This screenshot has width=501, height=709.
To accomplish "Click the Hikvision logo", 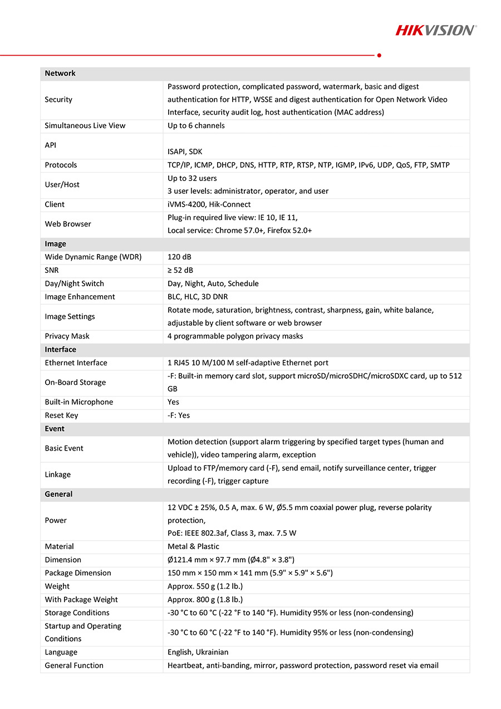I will click(x=435, y=30).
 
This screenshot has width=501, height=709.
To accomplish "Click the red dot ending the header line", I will click(x=379, y=55).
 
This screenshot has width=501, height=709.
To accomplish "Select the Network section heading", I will click(x=60, y=74).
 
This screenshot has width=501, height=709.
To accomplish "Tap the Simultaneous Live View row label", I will click(x=85, y=126).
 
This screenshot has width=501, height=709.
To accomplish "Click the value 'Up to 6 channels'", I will click(x=196, y=126).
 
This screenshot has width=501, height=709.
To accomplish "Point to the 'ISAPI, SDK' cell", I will click(x=185, y=151).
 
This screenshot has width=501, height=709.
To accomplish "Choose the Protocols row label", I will click(x=61, y=165).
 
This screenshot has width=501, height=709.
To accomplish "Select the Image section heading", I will click(x=56, y=244).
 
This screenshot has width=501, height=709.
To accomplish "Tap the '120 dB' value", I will click(x=179, y=257).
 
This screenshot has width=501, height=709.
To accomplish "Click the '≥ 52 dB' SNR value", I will click(x=180, y=271).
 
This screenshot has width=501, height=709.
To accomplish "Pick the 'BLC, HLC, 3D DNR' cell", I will click(x=198, y=297).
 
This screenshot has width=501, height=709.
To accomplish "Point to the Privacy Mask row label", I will click(x=67, y=336).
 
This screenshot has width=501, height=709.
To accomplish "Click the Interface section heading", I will click(x=61, y=350).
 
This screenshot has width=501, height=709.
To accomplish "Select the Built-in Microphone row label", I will click(x=79, y=402).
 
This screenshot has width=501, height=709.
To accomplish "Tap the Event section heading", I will click(x=55, y=429).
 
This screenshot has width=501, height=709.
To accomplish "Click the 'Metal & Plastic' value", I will click(x=193, y=547).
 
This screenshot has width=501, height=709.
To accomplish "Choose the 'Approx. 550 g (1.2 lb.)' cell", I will click(x=205, y=586).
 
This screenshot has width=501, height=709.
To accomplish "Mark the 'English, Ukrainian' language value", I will click(x=198, y=652).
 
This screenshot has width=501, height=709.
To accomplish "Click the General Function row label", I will click(x=74, y=666).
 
